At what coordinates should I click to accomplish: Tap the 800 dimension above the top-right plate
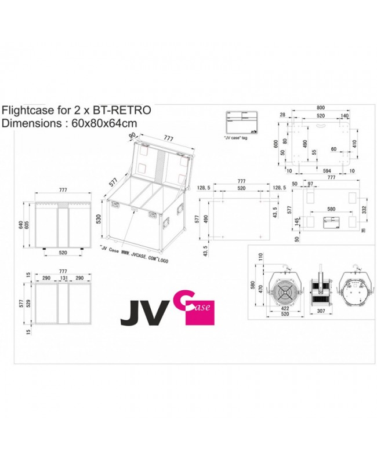click(x=320, y=107)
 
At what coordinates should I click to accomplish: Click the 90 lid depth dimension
click(x=132, y=135)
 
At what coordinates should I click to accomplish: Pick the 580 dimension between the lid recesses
click(x=331, y=209)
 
